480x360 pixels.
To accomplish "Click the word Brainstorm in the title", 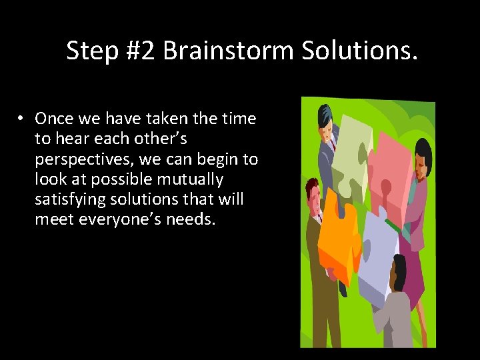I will coord(228,51).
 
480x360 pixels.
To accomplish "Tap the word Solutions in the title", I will coord(359,51).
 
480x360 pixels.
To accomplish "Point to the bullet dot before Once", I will coord(21,119).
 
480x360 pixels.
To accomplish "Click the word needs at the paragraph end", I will coord(193,219).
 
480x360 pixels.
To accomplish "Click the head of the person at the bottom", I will coord(398,271).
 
